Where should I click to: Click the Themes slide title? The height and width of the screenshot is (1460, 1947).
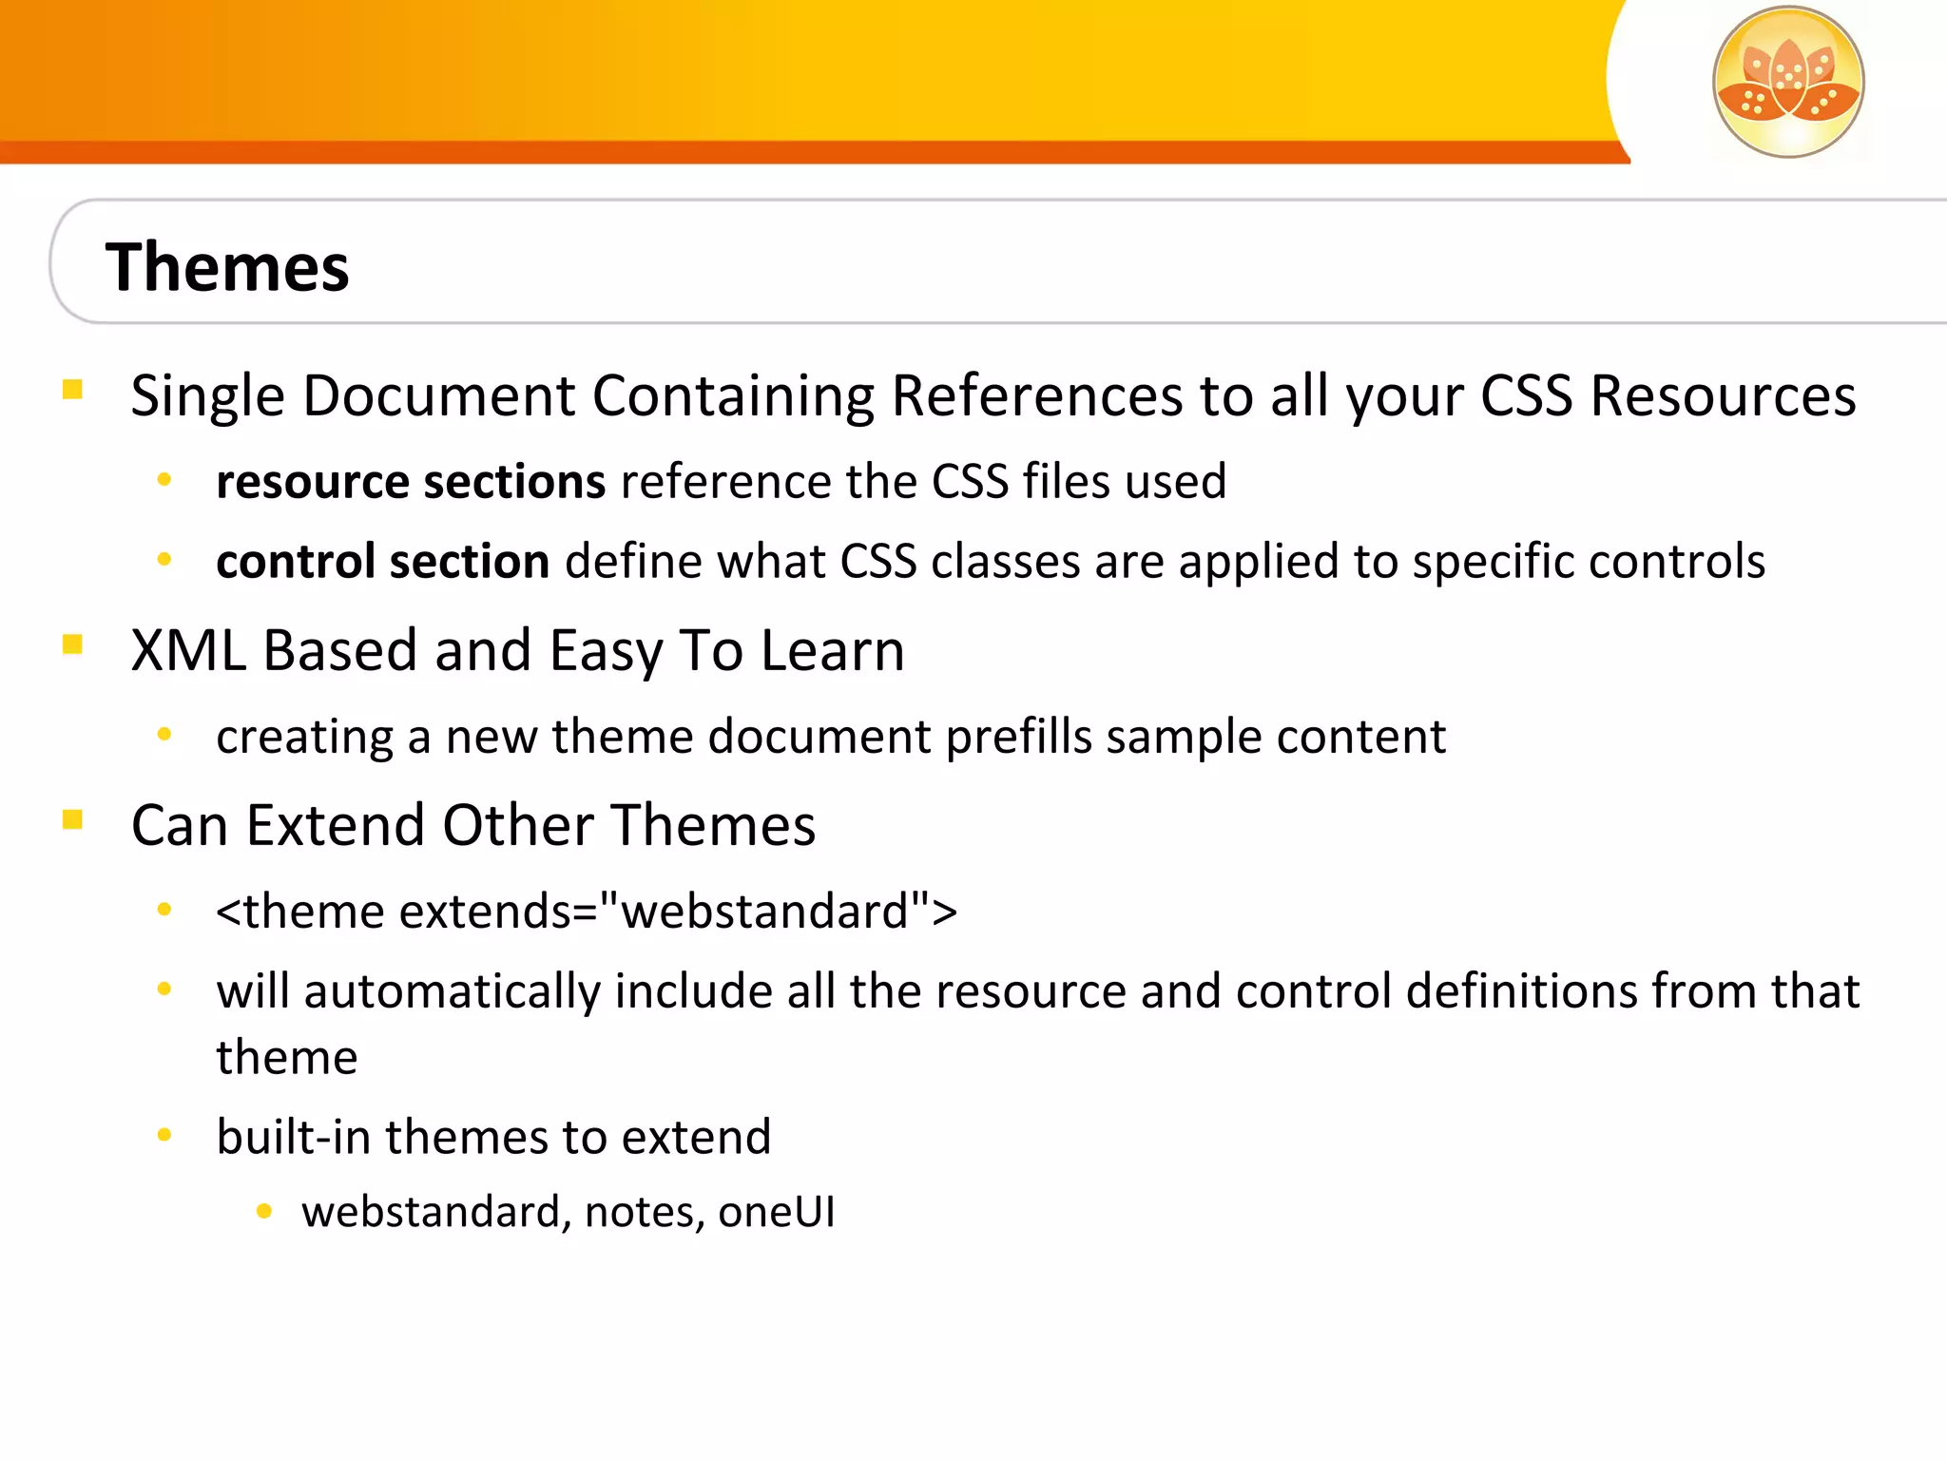pyautogui.click(x=227, y=267)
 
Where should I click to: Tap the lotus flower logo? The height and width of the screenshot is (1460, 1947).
pyautogui.click(x=1787, y=82)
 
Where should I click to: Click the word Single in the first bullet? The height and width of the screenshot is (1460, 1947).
pyautogui.click(x=207, y=395)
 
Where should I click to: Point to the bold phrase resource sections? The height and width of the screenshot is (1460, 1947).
pyautogui.click(x=411, y=482)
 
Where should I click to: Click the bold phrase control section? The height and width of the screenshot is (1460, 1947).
pyautogui.click(x=382, y=562)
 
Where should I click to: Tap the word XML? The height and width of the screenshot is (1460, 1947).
pyautogui.click(x=187, y=651)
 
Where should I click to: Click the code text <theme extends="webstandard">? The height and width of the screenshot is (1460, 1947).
pyautogui.click(x=587, y=912)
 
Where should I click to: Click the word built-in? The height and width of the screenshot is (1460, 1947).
pyautogui.click(x=293, y=1137)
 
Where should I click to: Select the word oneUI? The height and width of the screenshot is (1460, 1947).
pyautogui.click(x=777, y=1212)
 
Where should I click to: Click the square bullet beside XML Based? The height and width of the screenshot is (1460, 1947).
pyautogui.click(x=72, y=645)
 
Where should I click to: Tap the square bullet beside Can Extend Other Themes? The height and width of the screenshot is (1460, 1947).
pyautogui.click(x=72, y=819)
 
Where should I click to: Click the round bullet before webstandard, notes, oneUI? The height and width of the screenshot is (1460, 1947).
pyautogui.click(x=264, y=1211)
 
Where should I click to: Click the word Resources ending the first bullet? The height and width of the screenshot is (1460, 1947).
pyautogui.click(x=1723, y=395)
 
